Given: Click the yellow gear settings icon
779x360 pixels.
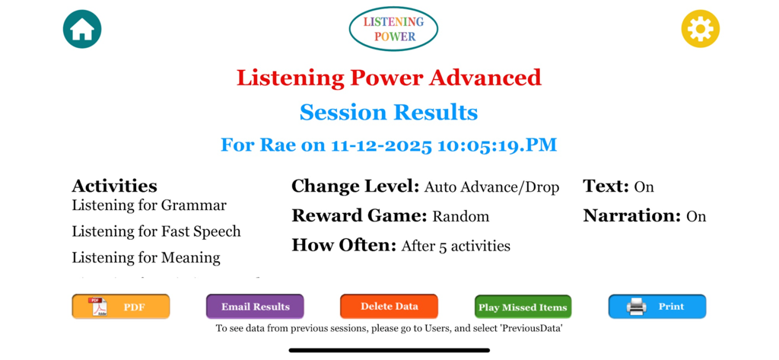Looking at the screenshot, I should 700,29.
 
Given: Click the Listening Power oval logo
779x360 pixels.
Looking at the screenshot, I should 393,29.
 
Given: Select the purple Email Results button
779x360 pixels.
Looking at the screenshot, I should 255,307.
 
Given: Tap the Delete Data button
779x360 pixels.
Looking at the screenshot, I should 389,306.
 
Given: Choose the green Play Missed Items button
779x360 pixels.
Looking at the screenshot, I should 523,307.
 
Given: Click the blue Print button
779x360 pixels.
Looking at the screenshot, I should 657,307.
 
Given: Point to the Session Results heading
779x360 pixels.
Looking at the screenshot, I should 389,113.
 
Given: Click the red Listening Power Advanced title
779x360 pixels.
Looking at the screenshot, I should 389,78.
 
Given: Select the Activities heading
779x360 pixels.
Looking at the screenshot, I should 114,186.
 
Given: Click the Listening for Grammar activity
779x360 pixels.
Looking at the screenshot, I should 149,205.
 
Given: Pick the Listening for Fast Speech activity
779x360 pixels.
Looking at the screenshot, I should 156,231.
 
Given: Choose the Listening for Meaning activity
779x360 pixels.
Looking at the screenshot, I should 146,257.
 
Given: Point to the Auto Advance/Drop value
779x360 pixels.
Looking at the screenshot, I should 491,187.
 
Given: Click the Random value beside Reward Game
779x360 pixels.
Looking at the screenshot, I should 460,217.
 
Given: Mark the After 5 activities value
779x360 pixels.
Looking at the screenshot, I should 456,246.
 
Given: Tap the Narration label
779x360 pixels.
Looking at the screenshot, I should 631,216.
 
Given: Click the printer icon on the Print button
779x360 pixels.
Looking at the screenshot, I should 636,307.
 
